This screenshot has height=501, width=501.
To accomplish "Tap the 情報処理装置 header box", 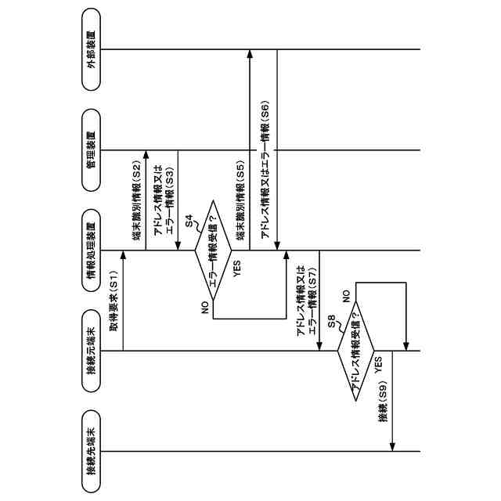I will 92,250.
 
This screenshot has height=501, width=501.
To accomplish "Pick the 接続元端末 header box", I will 92,351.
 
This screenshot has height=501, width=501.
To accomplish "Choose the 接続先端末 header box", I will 92,451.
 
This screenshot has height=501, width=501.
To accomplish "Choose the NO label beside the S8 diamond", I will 345,297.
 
